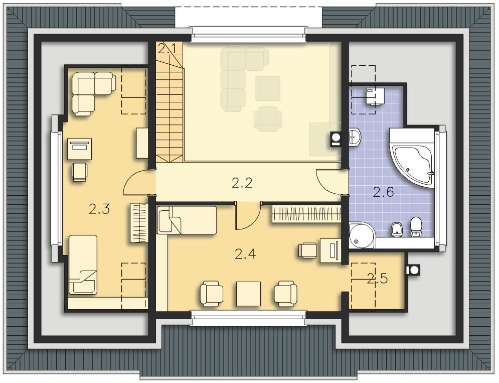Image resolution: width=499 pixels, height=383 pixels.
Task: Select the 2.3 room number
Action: pos(99,209)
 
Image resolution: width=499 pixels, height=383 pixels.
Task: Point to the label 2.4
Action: pos(245,254)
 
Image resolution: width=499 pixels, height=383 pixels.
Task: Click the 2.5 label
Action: pos(377,279)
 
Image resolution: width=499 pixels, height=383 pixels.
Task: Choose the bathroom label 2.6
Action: pos(383,192)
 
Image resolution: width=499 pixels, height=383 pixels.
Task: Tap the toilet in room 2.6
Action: pos(416,227)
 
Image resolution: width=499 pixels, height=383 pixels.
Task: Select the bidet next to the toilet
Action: pos(396,230)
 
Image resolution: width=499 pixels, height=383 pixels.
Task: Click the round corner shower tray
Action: pos(362,236)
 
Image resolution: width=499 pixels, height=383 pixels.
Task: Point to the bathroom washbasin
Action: pos(355,138)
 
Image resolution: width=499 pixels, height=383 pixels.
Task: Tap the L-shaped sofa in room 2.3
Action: pos(93,93)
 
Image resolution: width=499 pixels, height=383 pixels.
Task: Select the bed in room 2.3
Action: pos(83,265)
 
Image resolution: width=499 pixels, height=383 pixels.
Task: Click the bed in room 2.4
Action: pos(187,220)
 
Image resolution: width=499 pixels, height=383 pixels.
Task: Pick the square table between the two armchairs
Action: pos(249,294)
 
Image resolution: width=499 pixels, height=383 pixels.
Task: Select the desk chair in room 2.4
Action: pos(307,250)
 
